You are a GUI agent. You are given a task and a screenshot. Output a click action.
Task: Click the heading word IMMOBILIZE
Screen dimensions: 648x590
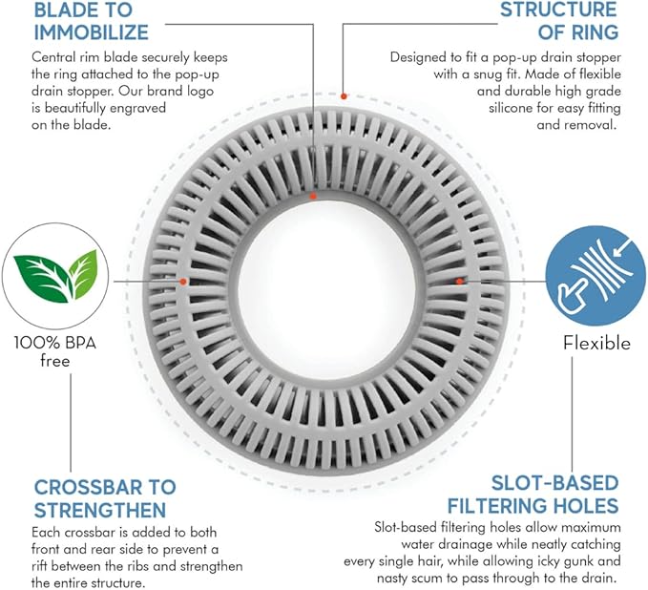point(91,32)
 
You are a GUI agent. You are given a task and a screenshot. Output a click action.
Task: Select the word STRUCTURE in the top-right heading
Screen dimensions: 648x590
point(558,10)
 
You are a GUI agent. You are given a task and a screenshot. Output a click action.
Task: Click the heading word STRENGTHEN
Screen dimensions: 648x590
point(100,510)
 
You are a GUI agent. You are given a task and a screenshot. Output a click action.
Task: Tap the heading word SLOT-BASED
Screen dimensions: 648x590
point(554,483)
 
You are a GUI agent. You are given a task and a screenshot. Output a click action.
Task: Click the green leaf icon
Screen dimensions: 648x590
point(55,275)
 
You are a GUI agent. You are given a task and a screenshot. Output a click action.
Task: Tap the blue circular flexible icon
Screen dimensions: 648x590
point(596,276)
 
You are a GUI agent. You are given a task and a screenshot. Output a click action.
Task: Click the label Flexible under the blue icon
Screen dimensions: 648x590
point(596,343)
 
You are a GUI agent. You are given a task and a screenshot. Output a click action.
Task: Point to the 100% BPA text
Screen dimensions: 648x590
point(55,343)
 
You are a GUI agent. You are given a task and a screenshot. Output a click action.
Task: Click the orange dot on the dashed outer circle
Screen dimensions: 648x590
point(344,96)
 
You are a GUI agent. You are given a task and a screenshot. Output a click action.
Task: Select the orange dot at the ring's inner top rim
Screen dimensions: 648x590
point(313,196)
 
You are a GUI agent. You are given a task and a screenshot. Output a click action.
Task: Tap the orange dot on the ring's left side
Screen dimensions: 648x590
point(183,282)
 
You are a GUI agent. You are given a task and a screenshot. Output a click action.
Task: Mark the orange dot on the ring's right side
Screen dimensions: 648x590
point(459,281)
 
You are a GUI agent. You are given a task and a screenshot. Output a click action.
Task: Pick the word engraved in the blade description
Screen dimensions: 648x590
point(136,108)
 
